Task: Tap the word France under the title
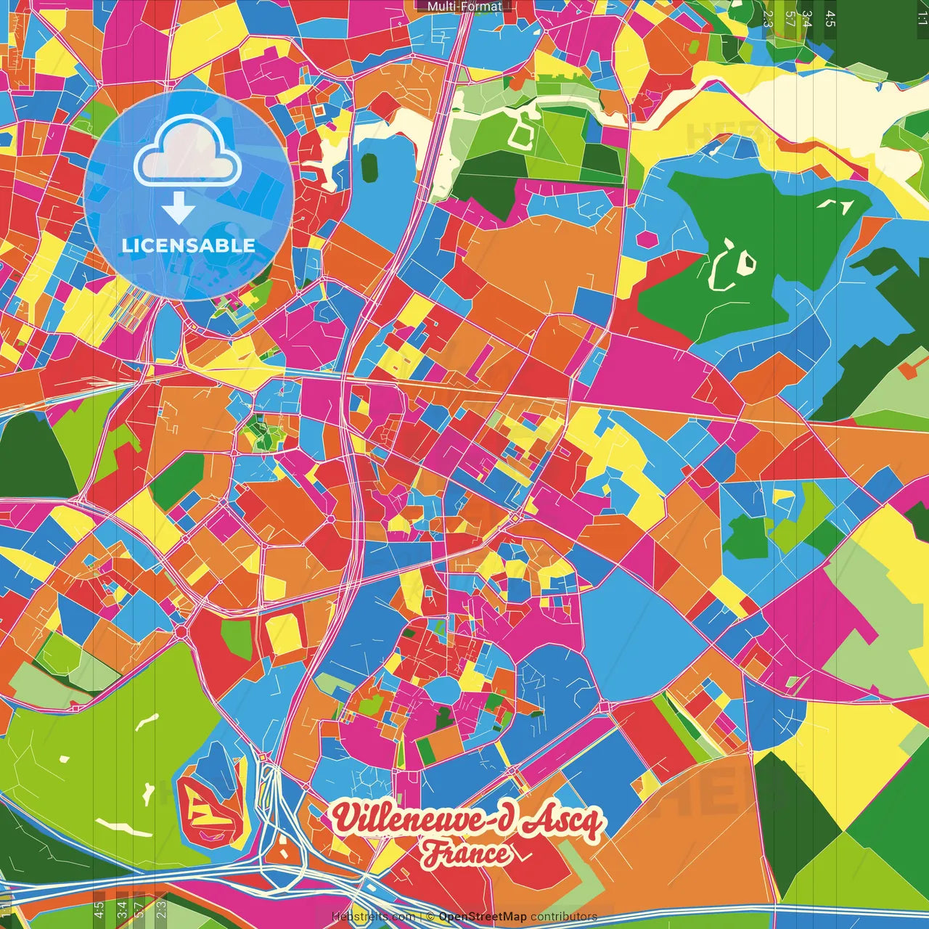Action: click(467, 854)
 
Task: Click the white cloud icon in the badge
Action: click(188, 151)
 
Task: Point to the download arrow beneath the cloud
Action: click(179, 209)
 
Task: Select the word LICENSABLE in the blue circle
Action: click(189, 245)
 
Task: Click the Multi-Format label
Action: click(464, 7)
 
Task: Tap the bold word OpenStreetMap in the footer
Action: click(482, 917)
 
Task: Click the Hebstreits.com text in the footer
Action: click(373, 917)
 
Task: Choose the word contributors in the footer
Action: click(563, 917)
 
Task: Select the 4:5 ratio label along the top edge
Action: click(830, 18)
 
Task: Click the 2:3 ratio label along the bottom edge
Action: click(161, 909)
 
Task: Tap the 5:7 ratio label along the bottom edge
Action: click(139, 909)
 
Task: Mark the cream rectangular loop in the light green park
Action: click(520, 134)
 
